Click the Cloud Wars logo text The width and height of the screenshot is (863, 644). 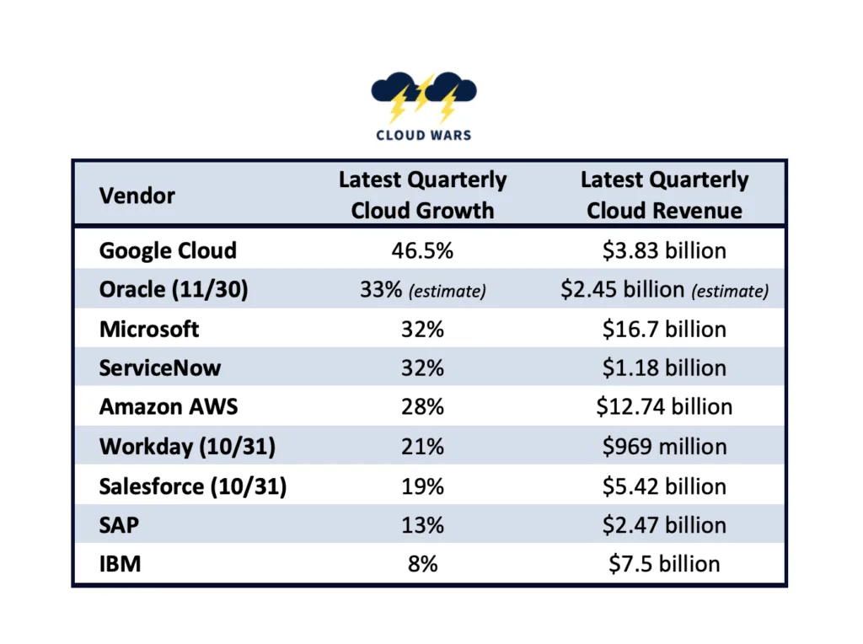point(423,135)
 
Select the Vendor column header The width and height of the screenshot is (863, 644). point(137,196)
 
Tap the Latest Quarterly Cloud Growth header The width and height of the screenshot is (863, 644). point(422,195)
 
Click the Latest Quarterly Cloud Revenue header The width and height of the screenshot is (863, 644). point(664,195)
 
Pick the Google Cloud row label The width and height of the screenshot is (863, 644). point(168,250)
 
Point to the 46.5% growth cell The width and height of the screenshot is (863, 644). point(422,250)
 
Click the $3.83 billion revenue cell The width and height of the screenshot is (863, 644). point(664,250)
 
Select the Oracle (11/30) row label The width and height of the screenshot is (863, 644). point(174,289)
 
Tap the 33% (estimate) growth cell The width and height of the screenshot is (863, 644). point(422,290)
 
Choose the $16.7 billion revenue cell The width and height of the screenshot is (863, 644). point(664,329)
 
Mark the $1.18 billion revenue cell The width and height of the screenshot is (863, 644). point(664,368)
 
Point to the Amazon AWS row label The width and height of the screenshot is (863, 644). point(169,407)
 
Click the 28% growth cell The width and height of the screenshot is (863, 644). point(422,407)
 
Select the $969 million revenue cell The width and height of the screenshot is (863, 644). point(664,447)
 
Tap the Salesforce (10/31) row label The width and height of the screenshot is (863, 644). point(193,486)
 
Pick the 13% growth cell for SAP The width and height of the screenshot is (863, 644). point(422,525)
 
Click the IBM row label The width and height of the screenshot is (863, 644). point(120,564)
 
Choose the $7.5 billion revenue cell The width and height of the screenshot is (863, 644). point(664,564)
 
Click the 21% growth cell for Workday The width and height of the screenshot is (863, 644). point(422,447)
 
